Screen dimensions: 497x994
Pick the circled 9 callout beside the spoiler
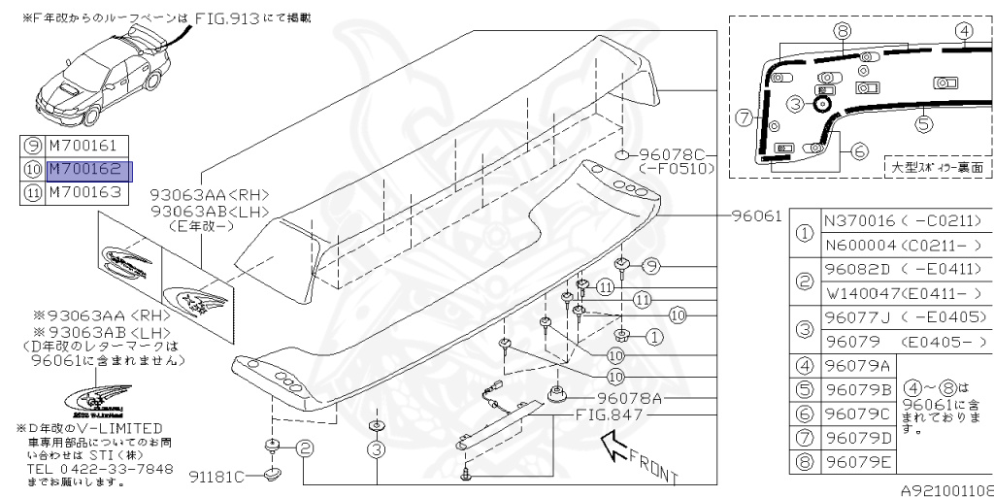(650, 265)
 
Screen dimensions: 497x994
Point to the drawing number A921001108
(945, 490)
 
